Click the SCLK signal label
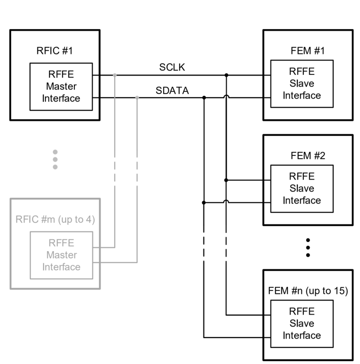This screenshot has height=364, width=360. (172, 67)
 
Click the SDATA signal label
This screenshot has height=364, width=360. (172, 91)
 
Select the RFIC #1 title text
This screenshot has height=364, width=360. (55, 50)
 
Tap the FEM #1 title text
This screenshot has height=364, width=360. (302, 50)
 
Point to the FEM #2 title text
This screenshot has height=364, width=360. (302, 155)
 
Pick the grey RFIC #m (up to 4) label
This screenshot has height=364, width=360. (54, 220)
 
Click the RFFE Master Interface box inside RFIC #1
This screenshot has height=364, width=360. (61, 87)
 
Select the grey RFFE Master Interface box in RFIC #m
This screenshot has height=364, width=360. (61, 255)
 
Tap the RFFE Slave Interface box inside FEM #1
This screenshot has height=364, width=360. (302, 84)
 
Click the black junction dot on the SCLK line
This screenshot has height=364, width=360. (226, 75)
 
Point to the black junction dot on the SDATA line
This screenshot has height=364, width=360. (204, 97)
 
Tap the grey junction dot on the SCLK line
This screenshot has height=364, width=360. (115, 75)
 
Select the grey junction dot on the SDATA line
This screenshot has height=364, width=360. (137, 97)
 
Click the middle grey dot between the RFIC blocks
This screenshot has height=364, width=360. (55, 159)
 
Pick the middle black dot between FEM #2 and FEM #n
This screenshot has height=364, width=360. (308, 247)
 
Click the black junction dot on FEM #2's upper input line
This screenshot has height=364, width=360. (226, 180)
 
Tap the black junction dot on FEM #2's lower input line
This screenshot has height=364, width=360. (204, 202)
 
